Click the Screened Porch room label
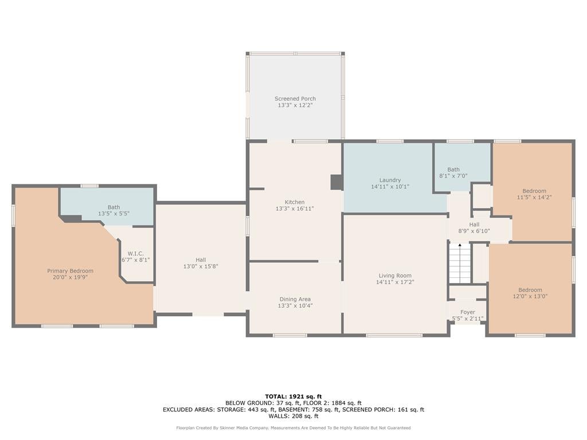pos(295,99)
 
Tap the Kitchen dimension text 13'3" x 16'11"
pos(295,209)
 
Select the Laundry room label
pos(390,180)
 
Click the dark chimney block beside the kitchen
pos(336,182)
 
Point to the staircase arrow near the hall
pos(460,245)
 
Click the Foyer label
pos(468,312)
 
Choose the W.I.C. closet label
pos(135,254)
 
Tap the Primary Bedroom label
pos(71,271)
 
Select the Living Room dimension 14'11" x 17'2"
pos(395,282)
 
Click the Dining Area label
pos(295,299)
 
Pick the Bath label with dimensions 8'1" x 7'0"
pos(453,170)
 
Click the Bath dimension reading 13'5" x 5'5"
pos(114,214)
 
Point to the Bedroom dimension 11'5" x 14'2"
pos(534,197)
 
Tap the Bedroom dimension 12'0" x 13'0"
pos(530,296)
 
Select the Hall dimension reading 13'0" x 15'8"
pos(201,266)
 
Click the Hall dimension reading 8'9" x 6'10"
pos(474,231)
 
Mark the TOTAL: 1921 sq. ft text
pos(293,396)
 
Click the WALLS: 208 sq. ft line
pos(293,416)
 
